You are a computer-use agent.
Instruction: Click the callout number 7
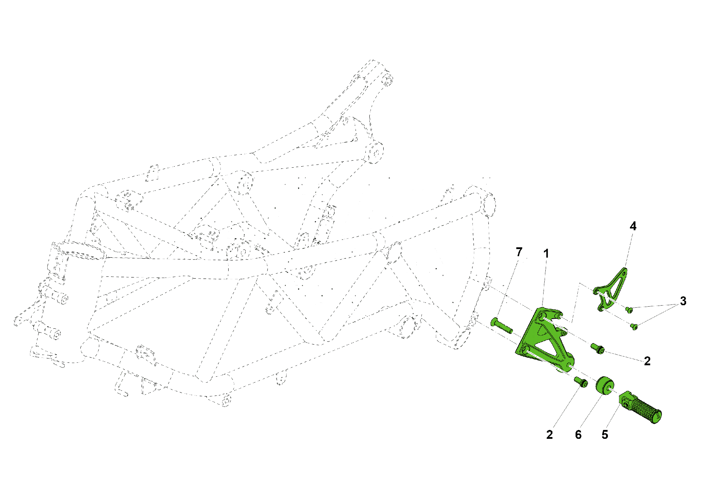519,252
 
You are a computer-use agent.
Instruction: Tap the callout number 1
546,254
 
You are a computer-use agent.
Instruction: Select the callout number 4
633,226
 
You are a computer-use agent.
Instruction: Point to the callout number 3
683,301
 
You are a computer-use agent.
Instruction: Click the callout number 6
578,435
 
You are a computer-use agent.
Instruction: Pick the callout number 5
605,435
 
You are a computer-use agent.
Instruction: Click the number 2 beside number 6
550,435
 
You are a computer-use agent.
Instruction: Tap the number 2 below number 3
647,361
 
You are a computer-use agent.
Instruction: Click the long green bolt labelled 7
501,326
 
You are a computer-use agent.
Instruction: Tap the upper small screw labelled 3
629,310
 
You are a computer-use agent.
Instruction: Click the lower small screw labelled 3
634,326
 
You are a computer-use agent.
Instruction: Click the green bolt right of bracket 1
597,348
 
